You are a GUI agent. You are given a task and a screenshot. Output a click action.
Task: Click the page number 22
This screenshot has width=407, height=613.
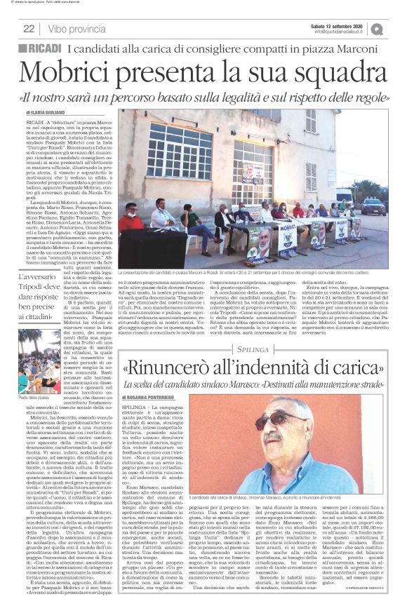29,29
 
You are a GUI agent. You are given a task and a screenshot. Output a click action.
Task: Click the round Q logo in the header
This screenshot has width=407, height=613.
396,28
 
